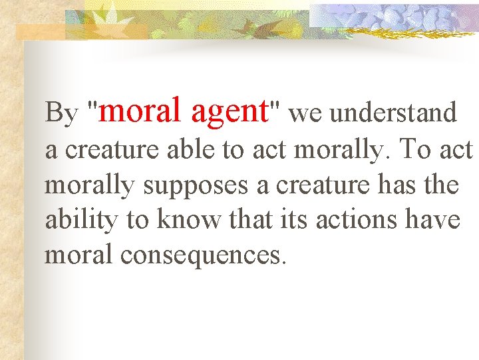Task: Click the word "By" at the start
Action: (61, 113)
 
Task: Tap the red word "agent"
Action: (228, 111)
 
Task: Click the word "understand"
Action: (393, 113)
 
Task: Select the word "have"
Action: (433, 220)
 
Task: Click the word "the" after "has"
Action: (440, 185)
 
